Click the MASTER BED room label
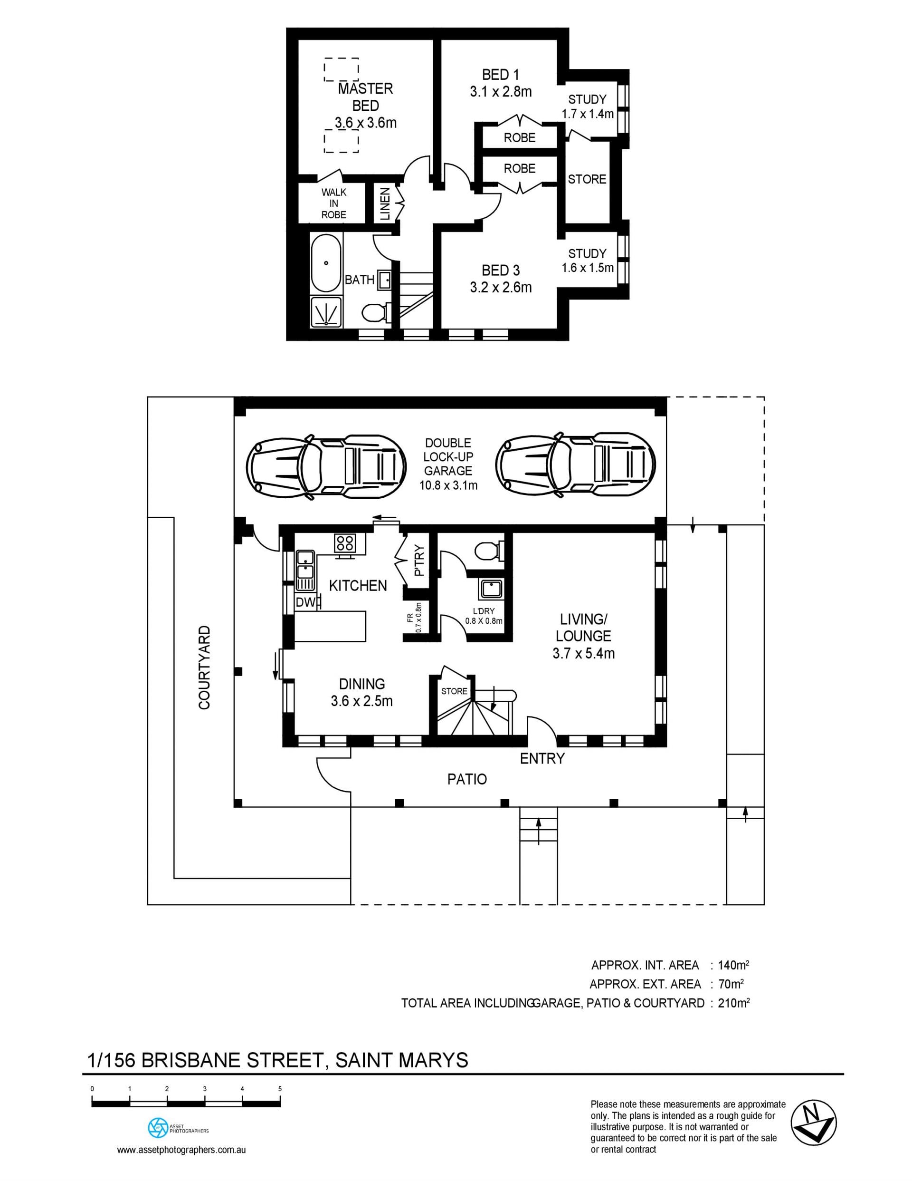(x=366, y=97)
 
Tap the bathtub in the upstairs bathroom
(x=326, y=263)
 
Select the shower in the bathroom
(x=326, y=311)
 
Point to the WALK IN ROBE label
(x=334, y=203)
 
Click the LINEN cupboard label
(x=385, y=204)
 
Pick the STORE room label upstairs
(x=587, y=179)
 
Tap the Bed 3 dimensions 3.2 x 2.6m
(x=501, y=287)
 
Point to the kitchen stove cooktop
(x=345, y=542)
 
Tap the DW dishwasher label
(x=305, y=602)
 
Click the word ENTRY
(x=542, y=759)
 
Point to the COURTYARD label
(x=204, y=668)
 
